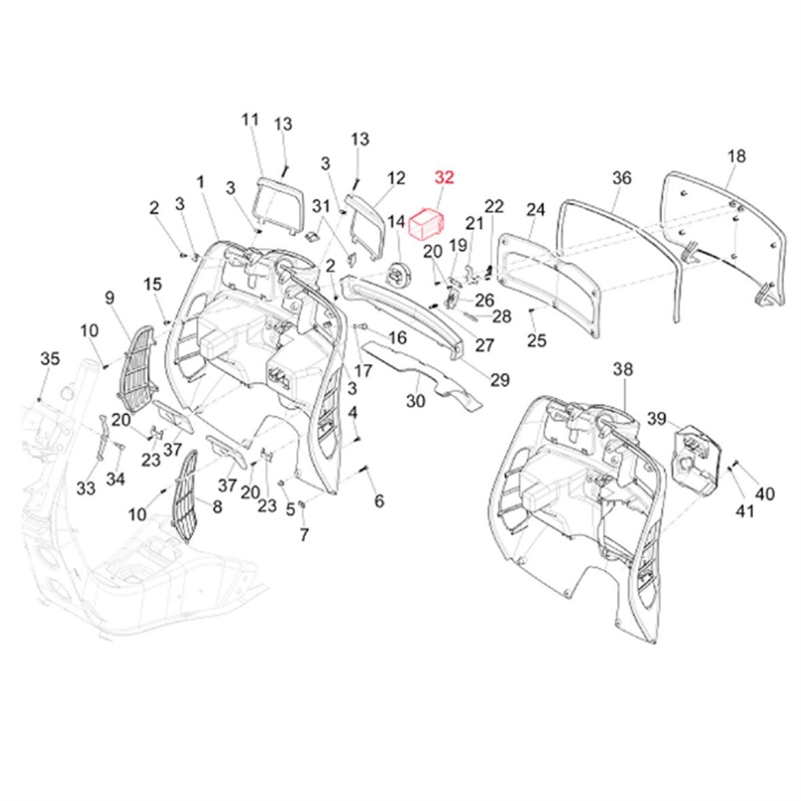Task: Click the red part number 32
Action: (x=444, y=178)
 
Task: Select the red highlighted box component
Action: (x=426, y=222)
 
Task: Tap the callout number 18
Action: (x=736, y=156)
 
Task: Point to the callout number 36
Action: (x=621, y=178)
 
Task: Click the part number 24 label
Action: (x=536, y=210)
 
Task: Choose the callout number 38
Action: (x=622, y=369)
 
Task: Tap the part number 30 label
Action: (x=415, y=401)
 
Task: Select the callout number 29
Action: (x=500, y=380)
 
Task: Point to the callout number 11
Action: (x=250, y=119)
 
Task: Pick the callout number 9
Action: (x=109, y=297)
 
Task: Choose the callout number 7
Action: (x=303, y=534)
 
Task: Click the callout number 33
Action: (x=86, y=488)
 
